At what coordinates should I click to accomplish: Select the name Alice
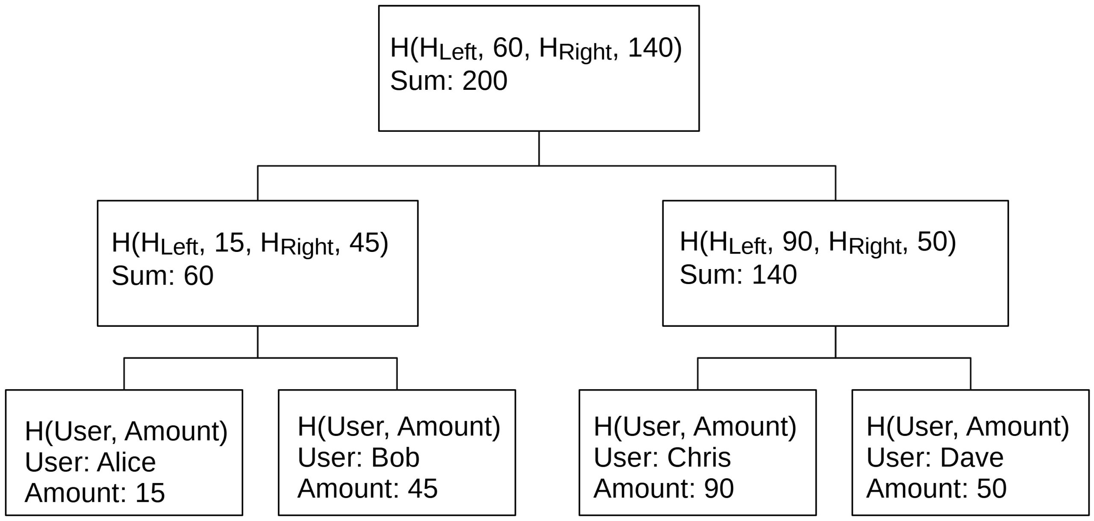(126, 462)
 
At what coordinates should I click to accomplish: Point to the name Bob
(395, 458)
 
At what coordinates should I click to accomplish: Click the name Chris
(699, 458)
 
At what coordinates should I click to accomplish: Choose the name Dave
(972, 458)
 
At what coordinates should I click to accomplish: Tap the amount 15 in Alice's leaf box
(150, 493)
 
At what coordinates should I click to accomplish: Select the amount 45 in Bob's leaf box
(423, 488)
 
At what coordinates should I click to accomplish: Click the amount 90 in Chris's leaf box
(719, 488)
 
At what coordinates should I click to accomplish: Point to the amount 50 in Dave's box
(991, 488)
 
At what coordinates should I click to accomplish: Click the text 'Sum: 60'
(162, 275)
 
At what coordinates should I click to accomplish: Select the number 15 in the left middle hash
(229, 243)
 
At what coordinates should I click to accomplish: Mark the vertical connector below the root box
(539, 148)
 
